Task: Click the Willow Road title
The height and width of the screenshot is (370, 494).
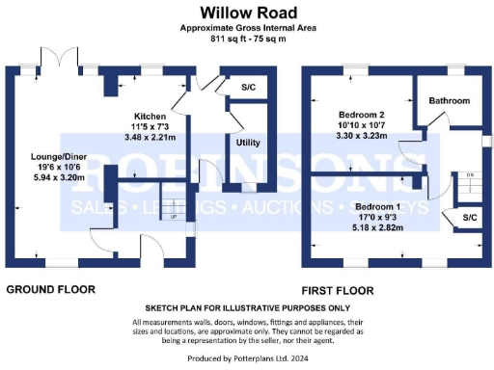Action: (247, 13)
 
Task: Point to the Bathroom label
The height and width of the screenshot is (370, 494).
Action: (450, 101)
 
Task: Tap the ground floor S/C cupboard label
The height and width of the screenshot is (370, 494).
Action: (247, 88)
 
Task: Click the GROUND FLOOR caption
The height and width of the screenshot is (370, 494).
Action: (51, 289)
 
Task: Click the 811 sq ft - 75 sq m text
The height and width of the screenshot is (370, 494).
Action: (247, 39)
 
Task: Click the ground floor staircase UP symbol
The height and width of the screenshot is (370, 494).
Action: (173, 217)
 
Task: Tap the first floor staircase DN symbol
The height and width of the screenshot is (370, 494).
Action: (470, 174)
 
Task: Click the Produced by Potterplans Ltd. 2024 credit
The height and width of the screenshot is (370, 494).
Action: (247, 359)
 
